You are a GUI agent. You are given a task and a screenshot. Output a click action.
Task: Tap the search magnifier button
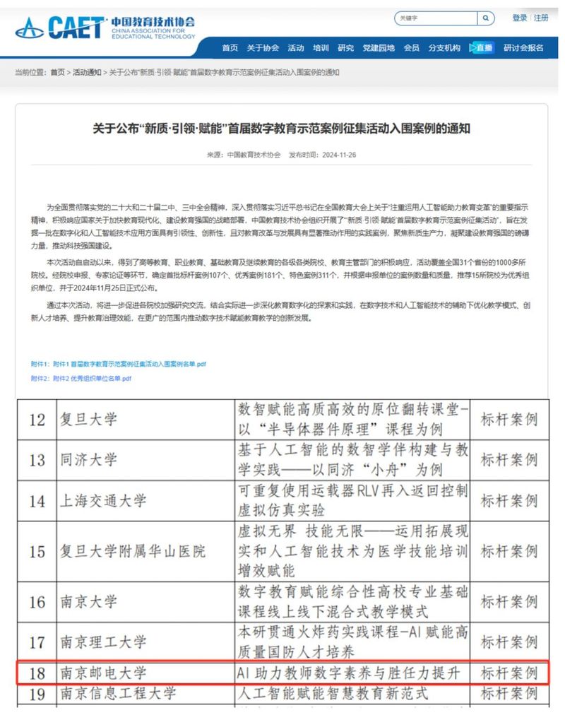pyautogui.click(x=486, y=18)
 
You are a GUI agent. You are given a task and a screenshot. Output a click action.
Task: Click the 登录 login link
pyautogui.click(x=520, y=18)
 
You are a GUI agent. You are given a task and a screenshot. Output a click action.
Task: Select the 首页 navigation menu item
pyautogui.click(x=230, y=48)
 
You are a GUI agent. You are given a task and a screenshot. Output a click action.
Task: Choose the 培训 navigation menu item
pyautogui.click(x=321, y=48)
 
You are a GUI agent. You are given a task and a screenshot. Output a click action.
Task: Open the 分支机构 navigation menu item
pyautogui.click(x=444, y=48)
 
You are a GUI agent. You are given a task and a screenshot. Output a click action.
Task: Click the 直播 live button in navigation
pyautogui.click(x=482, y=48)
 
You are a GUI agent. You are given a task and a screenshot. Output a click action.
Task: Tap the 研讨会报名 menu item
pyautogui.click(x=523, y=48)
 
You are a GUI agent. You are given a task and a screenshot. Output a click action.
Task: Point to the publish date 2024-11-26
pyautogui.click(x=337, y=155)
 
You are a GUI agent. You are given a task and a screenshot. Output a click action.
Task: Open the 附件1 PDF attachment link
pyautogui.click(x=119, y=364)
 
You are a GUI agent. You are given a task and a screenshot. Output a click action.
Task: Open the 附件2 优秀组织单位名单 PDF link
pyautogui.click(x=81, y=379)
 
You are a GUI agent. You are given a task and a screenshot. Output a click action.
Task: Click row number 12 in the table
pyautogui.click(x=37, y=419)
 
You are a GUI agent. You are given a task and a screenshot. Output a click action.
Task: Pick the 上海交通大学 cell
pyautogui.click(x=103, y=502)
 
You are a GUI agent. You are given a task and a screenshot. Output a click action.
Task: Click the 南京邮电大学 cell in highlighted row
pyautogui.click(x=103, y=672)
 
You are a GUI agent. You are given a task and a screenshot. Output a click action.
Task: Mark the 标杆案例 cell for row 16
pyautogui.click(x=509, y=601)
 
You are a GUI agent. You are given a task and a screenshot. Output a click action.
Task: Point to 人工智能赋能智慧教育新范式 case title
pyautogui.click(x=332, y=694)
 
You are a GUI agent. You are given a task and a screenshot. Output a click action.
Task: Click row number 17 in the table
pyautogui.click(x=37, y=642)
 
